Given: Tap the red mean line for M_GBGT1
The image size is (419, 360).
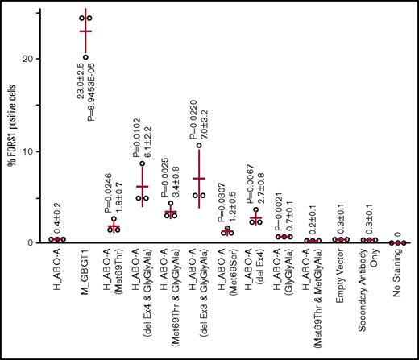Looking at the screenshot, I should [x=86, y=31].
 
